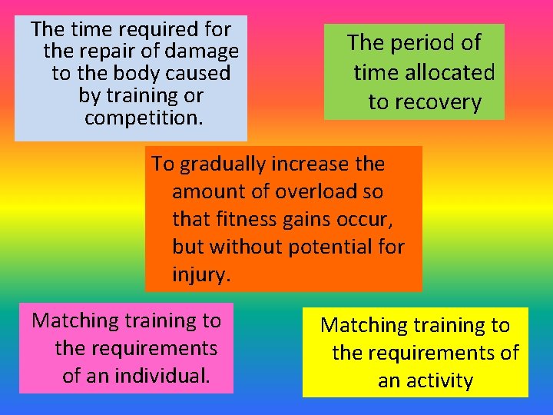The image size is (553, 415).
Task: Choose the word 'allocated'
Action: pyautogui.click(x=456, y=73)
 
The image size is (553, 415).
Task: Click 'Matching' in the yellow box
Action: pyautogui.click(x=366, y=325)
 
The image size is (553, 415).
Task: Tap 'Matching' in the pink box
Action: pyautogui.click(x=77, y=320)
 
